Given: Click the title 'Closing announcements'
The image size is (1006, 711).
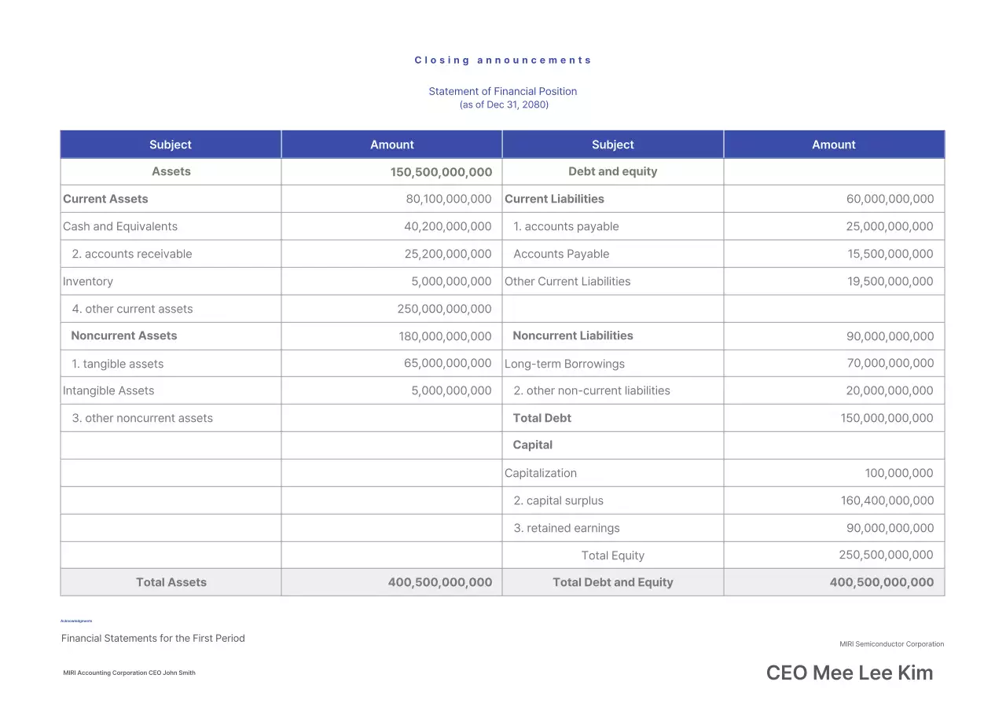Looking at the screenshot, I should coord(503,60).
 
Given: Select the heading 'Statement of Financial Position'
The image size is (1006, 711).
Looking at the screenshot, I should coord(503,91).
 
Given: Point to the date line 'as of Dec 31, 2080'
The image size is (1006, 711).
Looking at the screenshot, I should coord(504,104).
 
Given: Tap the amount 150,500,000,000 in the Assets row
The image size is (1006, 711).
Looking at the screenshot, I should coord(441,172).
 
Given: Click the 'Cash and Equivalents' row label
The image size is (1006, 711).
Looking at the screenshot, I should coord(120,226).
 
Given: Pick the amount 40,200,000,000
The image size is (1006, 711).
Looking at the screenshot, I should coord(447,226).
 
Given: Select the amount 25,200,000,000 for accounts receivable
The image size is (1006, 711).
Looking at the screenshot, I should coord(447,254).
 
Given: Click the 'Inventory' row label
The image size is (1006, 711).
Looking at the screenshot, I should coord(88,281).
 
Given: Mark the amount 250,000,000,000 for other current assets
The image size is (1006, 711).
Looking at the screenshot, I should coord(444,309).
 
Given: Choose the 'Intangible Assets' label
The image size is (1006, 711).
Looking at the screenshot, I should coord(108,390).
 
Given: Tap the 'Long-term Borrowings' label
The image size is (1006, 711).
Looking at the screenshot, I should coord(564,364).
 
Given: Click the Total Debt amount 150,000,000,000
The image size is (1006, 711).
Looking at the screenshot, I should coord(887,418).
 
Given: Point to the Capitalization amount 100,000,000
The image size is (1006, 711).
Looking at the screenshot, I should coord(899,473).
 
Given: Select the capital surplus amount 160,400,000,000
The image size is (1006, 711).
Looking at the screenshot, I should coord(887,500).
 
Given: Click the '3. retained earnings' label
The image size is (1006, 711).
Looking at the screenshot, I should coord(567,528).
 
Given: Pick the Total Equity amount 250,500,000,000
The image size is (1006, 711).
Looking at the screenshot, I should coord(886,555).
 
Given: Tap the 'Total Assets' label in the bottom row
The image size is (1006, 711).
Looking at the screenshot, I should coord(171,582).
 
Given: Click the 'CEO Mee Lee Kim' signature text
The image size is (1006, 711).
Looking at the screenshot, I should coord(850,673).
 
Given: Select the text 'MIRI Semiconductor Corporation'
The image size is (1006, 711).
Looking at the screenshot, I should coord(891,644).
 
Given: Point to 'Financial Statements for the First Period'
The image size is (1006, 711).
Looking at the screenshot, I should coord(153,638).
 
